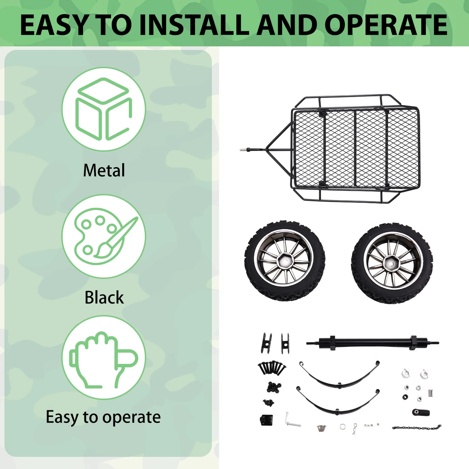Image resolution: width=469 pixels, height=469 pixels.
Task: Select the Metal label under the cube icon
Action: (104, 170)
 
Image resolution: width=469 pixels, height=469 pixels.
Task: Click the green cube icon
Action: (104, 109)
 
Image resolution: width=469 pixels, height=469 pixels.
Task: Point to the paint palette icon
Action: (104, 236)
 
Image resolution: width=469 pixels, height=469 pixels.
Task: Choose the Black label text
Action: (104, 297)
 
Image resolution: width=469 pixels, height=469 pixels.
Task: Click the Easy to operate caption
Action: (103, 417)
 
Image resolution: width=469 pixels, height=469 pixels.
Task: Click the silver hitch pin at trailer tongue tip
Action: (243, 150)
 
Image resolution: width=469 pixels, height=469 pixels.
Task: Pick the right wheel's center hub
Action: (391, 264)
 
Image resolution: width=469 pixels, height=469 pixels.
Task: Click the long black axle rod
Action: (372, 343)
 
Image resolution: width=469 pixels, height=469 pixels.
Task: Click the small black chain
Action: (416, 428)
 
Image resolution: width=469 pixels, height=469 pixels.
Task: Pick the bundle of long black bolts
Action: (272, 367)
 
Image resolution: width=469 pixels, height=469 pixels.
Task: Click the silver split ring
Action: (343, 427)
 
